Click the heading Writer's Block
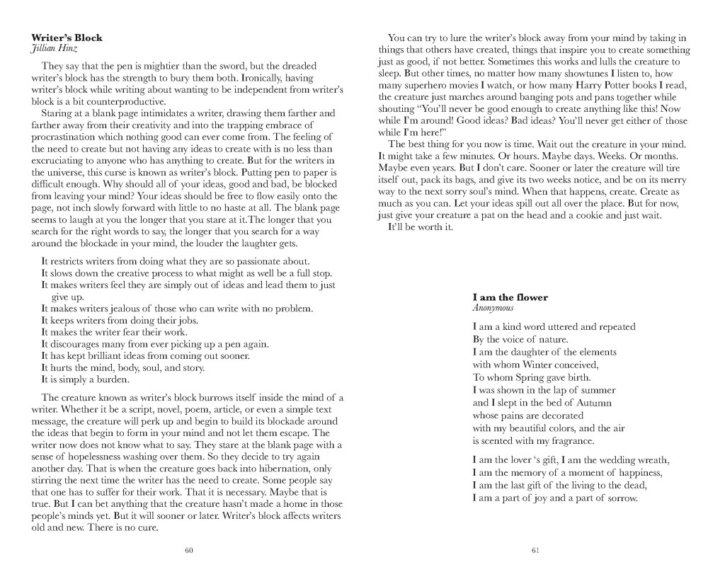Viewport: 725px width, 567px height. (x=67, y=38)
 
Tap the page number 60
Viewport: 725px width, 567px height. (x=189, y=550)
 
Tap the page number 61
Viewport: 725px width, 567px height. (x=535, y=550)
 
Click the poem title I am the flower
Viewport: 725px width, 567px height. (x=510, y=297)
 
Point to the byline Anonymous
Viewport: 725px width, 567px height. (x=493, y=308)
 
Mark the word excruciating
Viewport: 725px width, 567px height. (x=60, y=160)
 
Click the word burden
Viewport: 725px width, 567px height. (x=111, y=379)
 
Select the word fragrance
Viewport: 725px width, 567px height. (x=564, y=441)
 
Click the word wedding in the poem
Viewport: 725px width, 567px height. (x=612, y=460)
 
